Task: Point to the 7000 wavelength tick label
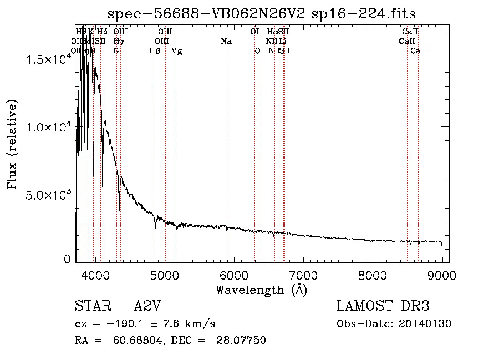303,275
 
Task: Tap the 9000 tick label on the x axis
441,275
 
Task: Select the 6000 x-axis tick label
233,275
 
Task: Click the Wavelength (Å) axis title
261,289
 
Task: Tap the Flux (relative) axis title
12,144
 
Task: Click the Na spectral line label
226,42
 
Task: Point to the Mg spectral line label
176,51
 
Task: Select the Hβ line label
155,51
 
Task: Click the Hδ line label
102,32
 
